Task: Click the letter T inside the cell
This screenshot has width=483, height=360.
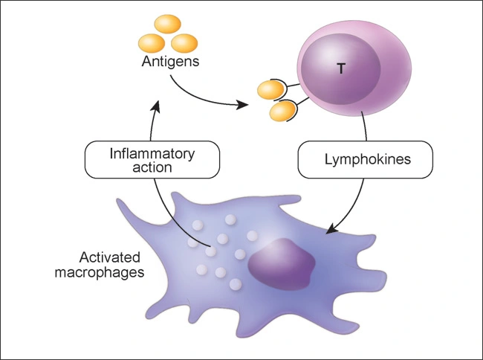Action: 341,68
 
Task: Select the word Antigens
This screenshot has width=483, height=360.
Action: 170,62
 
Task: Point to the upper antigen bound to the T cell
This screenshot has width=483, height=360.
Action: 268,91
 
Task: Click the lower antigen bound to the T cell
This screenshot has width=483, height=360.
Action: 280,112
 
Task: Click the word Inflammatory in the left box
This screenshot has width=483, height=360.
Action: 152,153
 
